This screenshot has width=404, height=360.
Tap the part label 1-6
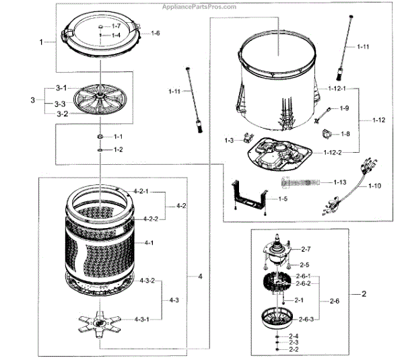[x=155, y=33]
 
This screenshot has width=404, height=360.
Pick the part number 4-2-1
[x=141, y=192]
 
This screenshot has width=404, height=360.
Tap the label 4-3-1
[x=141, y=319]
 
